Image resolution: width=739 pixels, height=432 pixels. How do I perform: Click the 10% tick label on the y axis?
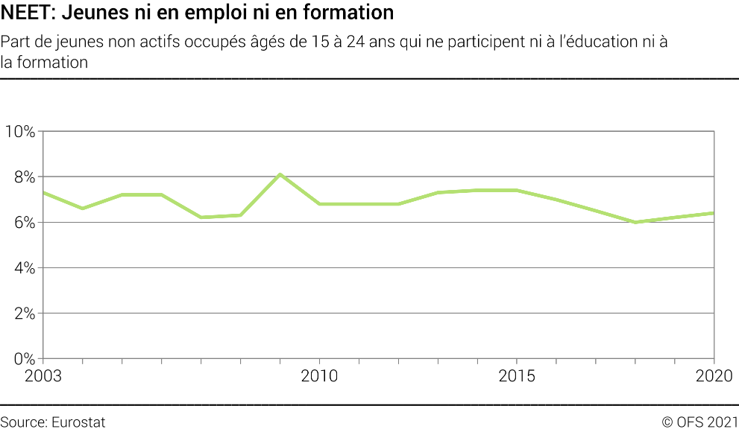coord(19,132)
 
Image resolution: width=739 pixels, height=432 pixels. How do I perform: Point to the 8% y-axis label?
coord(23,177)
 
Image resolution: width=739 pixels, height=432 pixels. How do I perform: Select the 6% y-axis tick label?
coord(23,223)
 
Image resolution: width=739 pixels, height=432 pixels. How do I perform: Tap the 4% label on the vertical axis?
coord(23,268)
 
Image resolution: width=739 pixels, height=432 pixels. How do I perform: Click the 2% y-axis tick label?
coord(23,314)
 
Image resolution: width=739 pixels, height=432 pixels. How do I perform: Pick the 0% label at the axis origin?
coord(23,359)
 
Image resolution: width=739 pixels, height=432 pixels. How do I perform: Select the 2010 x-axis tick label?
coord(319,376)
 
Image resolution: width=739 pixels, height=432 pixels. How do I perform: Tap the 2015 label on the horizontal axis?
coord(517,376)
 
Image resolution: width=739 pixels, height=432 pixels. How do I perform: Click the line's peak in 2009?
coord(280,174)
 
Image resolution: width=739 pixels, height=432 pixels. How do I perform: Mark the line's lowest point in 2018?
coord(635,222)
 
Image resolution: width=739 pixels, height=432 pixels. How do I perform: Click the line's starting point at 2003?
coord(43,192)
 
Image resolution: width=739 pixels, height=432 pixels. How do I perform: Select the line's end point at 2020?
coord(714,213)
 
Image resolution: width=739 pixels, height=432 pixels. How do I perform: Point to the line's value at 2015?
coord(517,190)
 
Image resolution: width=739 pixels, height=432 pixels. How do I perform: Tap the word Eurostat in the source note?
coord(78,422)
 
